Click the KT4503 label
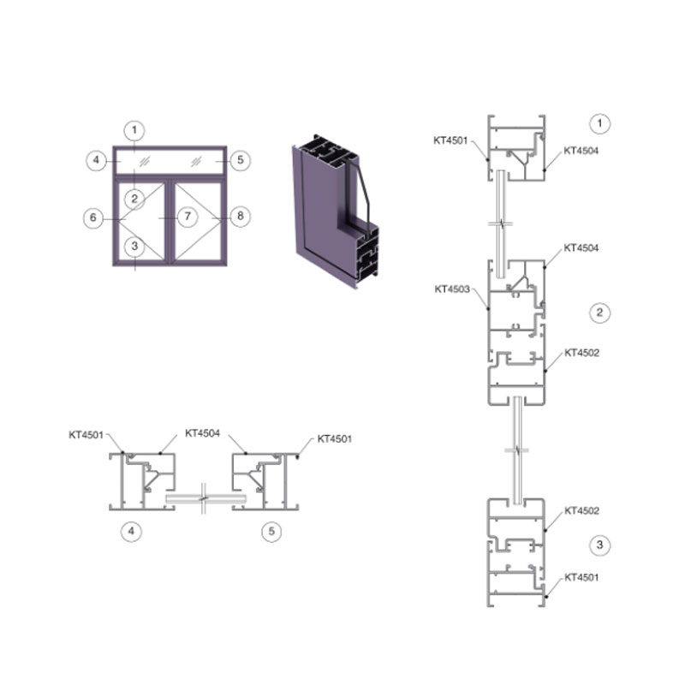[x=452, y=289]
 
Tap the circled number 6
[x=93, y=217]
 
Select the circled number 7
[x=188, y=217]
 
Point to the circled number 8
[x=241, y=216]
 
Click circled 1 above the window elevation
[x=134, y=130]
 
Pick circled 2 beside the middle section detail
[x=599, y=313]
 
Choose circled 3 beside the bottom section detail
[x=599, y=545]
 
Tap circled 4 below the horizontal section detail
[x=131, y=531]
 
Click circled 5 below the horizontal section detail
[x=271, y=531]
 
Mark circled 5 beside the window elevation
[x=241, y=160]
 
